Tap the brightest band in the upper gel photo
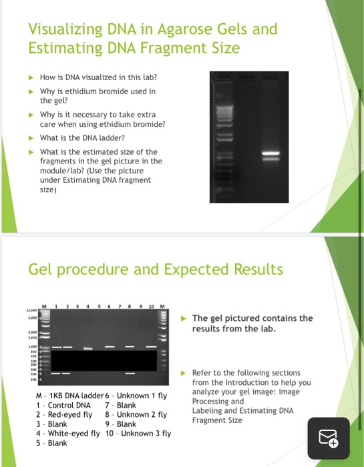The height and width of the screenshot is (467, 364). coord(269,153)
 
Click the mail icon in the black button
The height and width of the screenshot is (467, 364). coord(329,438)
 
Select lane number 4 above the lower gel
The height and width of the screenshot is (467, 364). coord(87,307)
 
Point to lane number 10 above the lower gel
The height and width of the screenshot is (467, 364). coord(150,307)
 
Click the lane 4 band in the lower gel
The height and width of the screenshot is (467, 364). coord(87,348)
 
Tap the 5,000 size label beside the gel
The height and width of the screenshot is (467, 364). coord(33,318)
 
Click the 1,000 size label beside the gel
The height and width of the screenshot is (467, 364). coord(33,346)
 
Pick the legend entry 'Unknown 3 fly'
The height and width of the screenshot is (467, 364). coord(147,433)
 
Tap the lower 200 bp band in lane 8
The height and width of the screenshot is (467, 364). coord(130,372)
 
